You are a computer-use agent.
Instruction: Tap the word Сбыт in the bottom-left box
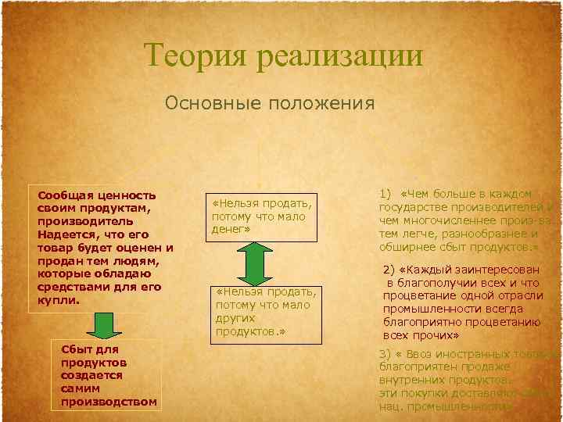click(76, 349)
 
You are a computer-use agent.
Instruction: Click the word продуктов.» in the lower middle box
click(247, 331)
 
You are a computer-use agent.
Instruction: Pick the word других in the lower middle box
click(235, 319)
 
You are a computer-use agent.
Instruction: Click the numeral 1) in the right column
click(385, 194)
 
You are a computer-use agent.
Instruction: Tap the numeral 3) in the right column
click(385, 353)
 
